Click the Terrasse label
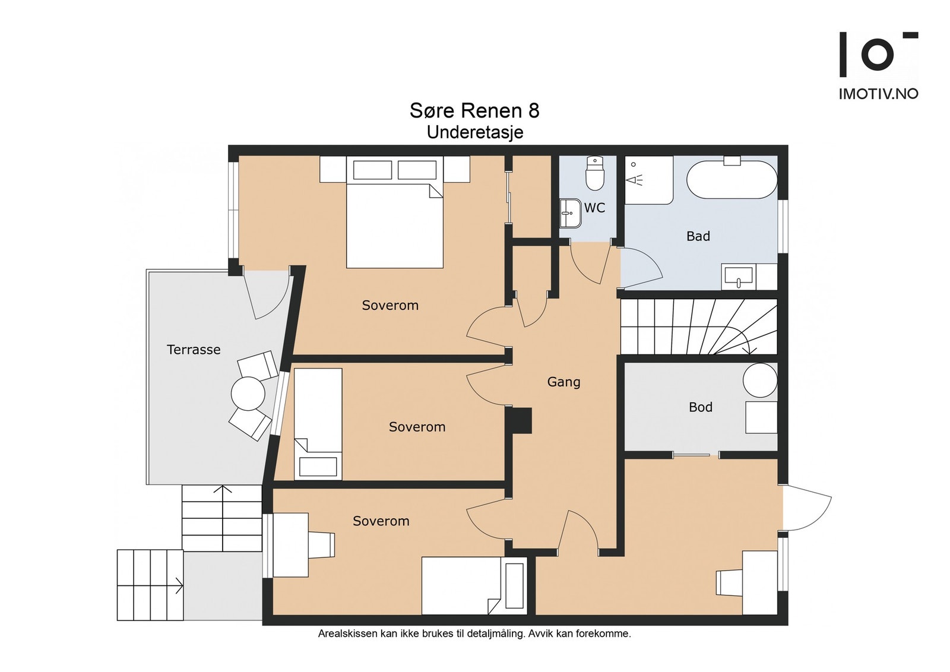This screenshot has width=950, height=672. (194, 350)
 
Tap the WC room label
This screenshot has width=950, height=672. (594, 208)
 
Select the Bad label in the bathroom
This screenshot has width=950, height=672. (698, 236)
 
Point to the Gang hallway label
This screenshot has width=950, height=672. (563, 382)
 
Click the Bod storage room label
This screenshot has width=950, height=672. (701, 407)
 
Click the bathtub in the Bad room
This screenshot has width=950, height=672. (731, 179)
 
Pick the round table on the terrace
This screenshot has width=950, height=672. (248, 394)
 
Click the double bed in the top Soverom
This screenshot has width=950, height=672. (394, 212)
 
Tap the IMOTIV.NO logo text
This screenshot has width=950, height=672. (878, 94)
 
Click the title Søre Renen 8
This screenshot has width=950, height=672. (474, 110)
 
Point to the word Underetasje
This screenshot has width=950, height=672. (474, 132)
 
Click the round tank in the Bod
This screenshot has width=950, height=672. (760, 380)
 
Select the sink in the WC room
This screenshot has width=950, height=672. (571, 213)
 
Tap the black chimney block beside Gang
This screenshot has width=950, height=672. (519, 420)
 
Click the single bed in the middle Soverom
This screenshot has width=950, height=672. (318, 423)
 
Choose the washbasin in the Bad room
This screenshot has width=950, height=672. (739, 276)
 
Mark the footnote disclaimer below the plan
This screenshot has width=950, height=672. (474, 634)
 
